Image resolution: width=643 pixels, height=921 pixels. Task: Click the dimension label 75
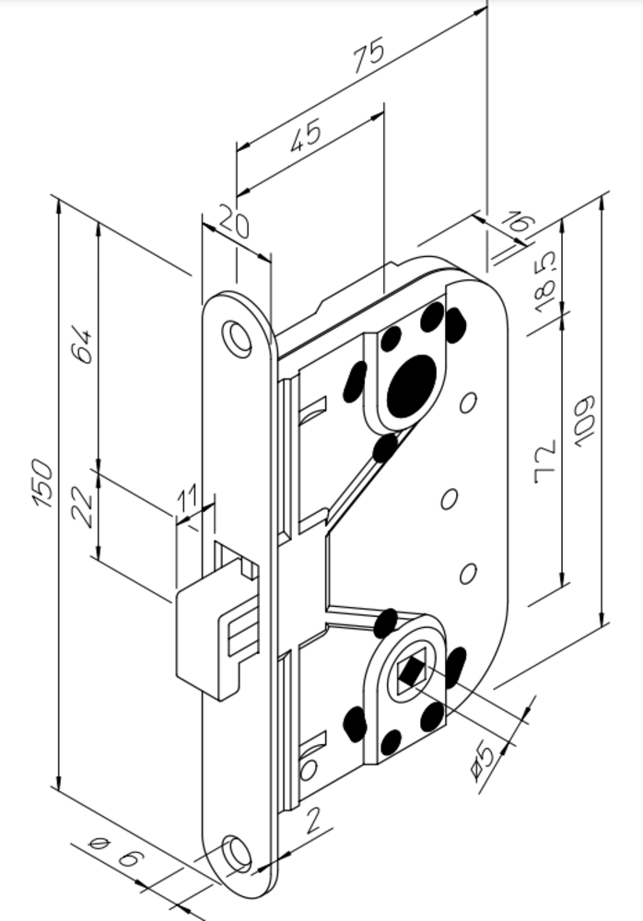pos(369,54)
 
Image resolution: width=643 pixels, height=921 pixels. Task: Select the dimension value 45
pos(306,135)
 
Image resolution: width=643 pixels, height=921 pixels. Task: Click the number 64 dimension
pos(82,346)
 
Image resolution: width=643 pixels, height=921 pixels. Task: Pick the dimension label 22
pos(82,507)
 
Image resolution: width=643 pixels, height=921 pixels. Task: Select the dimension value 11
pos(188,499)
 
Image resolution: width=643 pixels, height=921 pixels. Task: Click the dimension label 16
pos(519,224)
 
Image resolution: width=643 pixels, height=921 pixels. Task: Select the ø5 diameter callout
pos(484,761)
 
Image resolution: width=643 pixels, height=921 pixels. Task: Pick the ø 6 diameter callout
pos(116,852)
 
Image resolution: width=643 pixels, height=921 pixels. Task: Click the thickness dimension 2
pos(312,820)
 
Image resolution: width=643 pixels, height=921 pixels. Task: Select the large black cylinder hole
pos(412,386)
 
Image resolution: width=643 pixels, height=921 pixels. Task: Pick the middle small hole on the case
pos(449,499)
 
